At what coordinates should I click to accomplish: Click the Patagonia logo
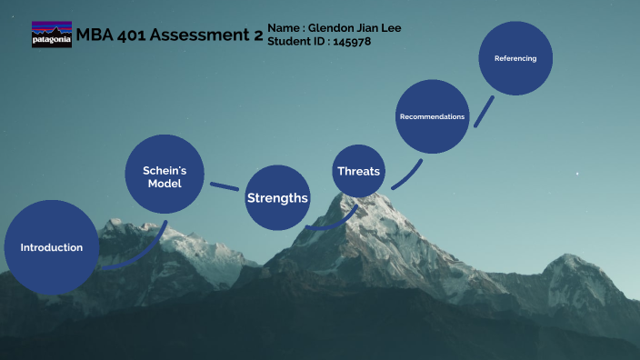tap(51, 35)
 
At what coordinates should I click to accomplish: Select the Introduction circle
tap(51, 247)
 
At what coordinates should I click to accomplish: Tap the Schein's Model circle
tap(165, 176)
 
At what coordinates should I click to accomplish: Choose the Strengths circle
tap(277, 197)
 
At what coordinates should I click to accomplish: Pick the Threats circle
tap(358, 171)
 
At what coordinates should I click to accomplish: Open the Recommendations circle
tap(432, 116)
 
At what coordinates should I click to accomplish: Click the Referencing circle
tap(515, 58)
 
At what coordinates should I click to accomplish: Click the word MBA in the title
tap(94, 35)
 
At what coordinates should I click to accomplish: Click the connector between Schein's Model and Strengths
tap(225, 186)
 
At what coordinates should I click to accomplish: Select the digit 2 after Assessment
tap(257, 35)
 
